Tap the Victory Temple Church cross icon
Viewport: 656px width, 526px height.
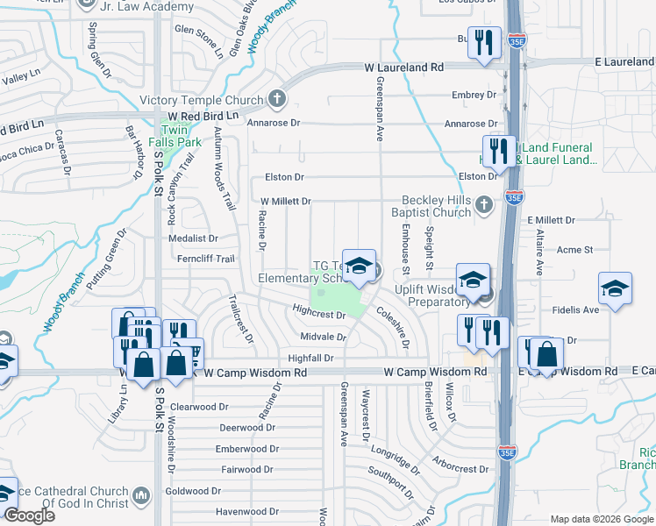[x=277, y=98]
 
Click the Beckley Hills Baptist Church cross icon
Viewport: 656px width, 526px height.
[x=483, y=206]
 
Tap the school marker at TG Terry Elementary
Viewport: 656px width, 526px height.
[x=357, y=267]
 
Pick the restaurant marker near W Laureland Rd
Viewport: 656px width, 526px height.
[x=483, y=43]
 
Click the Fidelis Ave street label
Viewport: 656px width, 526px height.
[x=575, y=309]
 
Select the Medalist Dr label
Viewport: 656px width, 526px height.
[x=193, y=238]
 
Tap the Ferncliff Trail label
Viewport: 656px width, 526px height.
[x=203, y=259]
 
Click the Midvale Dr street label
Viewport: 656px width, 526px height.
[x=323, y=337]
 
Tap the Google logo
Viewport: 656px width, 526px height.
[x=30, y=515]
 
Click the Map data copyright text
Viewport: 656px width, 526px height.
[x=601, y=519]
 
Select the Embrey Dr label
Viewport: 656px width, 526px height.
[x=474, y=95]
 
